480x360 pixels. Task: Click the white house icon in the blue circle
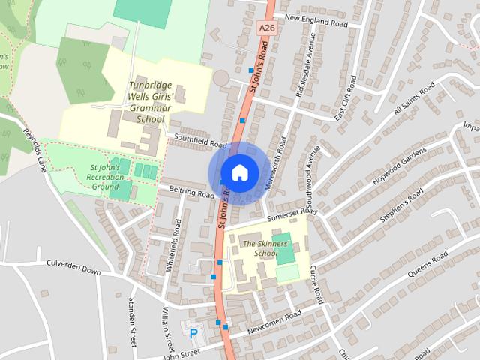pos(239,172)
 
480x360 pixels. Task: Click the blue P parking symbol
pos(193,333)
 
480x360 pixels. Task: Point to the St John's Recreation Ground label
pos(104,176)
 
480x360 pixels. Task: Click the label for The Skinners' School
pos(260,248)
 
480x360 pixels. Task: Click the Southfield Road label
pos(200,141)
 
